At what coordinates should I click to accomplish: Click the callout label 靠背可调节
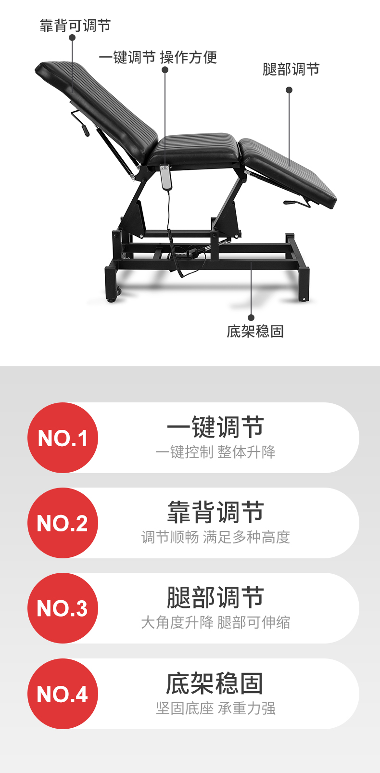(75, 26)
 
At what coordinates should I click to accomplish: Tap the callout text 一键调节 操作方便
(158, 57)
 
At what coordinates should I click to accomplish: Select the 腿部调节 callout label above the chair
(291, 69)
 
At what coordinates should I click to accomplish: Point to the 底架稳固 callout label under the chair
(255, 331)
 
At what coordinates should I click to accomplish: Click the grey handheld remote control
(165, 178)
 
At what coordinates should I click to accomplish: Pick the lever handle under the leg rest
(297, 203)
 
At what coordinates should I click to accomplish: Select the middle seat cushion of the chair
(194, 149)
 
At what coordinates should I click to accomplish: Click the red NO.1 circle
(63, 438)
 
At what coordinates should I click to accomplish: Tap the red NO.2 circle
(63, 523)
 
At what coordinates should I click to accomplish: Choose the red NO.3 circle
(63, 608)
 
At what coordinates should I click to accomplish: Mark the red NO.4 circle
(63, 694)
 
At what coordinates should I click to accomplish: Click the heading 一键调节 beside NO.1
(215, 427)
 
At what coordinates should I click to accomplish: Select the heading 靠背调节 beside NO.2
(215, 512)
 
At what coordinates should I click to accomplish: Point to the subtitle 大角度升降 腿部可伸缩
(215, 622)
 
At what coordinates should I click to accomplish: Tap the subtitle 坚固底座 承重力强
(215, 708)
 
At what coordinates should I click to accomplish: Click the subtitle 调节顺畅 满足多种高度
(215, 537)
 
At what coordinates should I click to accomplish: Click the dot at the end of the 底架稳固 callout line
(251, 318)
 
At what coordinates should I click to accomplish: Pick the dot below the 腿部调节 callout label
(289, 90)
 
